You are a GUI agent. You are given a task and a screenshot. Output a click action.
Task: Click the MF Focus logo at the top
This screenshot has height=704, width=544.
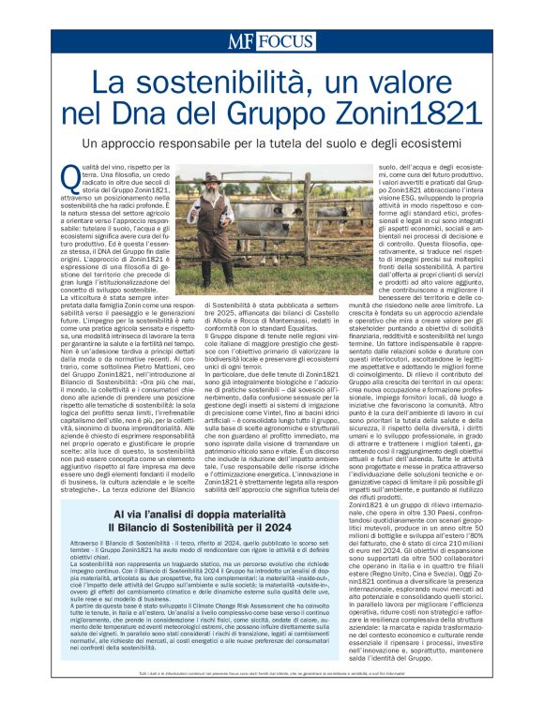[x=271, y=41]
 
